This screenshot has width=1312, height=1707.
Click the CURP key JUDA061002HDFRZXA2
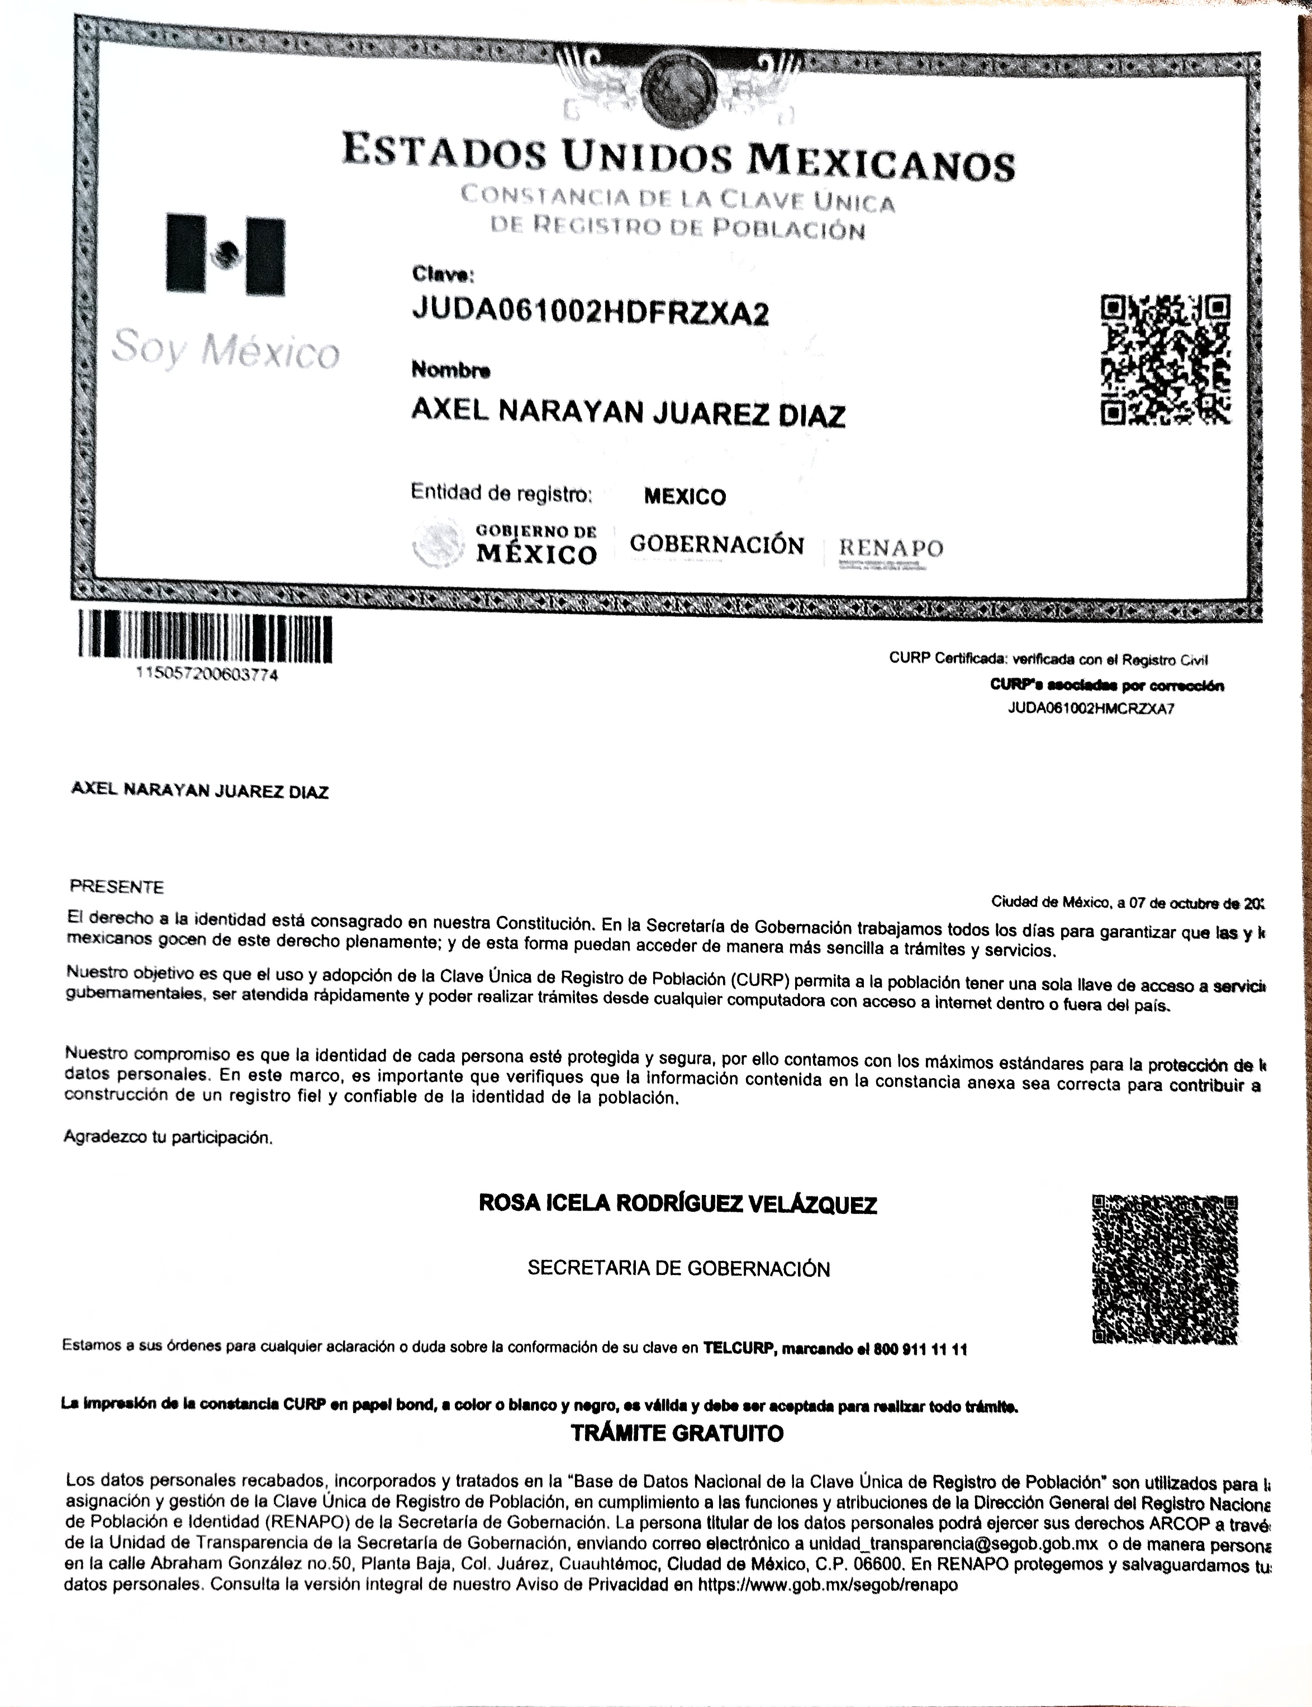590,313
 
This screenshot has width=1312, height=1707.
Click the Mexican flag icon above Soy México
225,254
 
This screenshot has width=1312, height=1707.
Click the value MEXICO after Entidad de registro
684,497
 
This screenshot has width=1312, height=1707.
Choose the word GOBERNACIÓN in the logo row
716,544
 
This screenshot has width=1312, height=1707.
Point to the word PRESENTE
117,886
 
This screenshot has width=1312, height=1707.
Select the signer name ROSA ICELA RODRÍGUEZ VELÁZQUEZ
677,1204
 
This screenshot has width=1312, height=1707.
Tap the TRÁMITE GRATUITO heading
677,1434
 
